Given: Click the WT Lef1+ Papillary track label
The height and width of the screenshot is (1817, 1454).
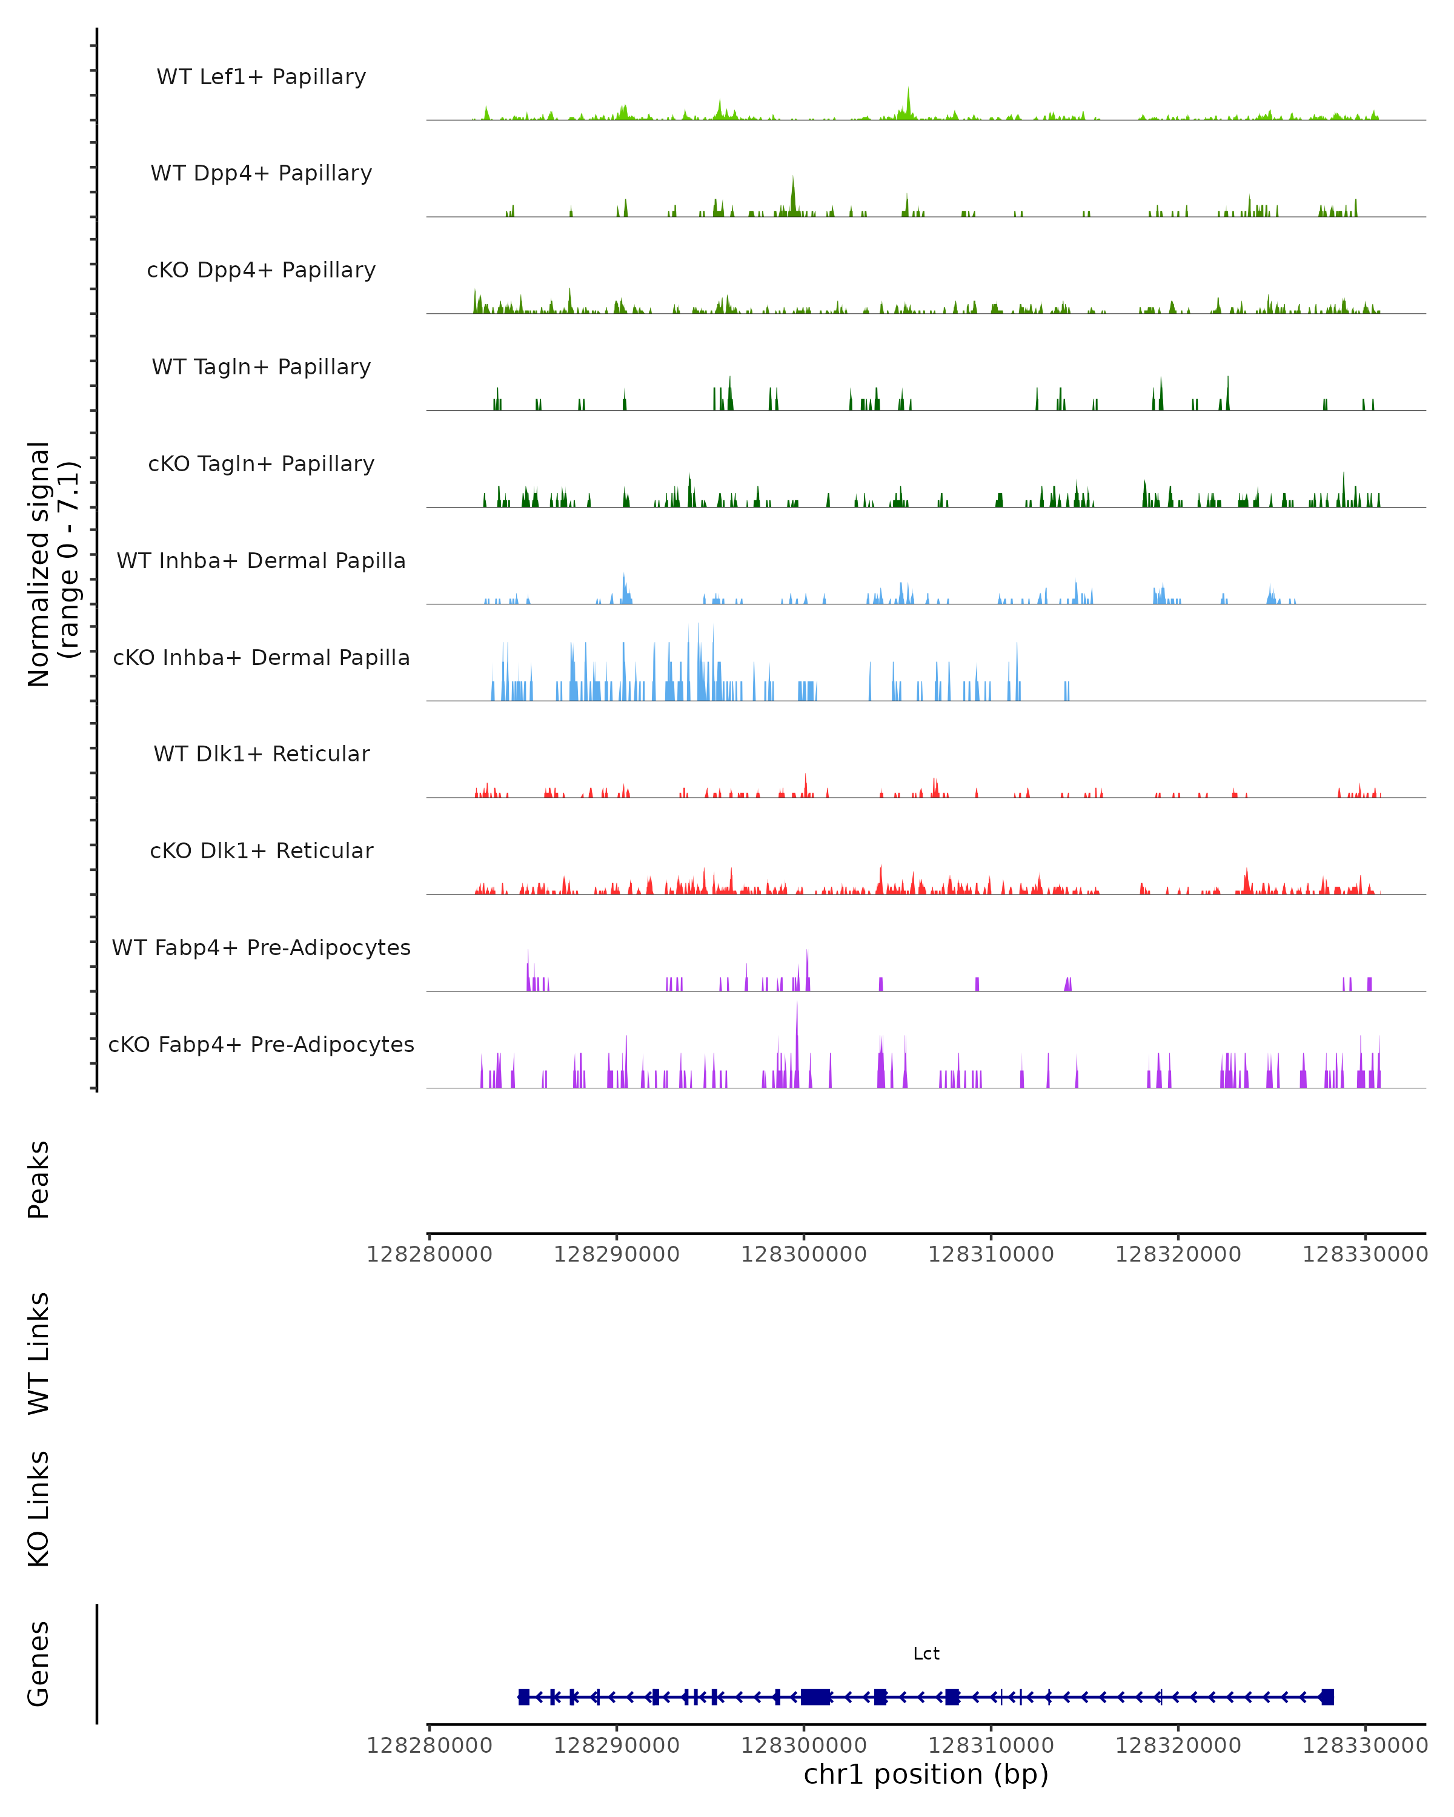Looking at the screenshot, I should click(261, 77).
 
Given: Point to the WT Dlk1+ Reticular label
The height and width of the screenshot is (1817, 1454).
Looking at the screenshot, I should click(261, 753).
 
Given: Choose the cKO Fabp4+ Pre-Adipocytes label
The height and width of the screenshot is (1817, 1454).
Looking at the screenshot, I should click(261, 1044).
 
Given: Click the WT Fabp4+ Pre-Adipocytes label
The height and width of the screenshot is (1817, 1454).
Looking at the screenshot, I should click(261, 947).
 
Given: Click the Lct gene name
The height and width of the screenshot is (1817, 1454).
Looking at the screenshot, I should click(926, 1653).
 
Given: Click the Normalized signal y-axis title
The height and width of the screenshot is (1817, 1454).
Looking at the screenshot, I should click(52, 564).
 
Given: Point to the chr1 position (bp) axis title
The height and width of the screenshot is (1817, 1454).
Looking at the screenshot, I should click(926, 1774).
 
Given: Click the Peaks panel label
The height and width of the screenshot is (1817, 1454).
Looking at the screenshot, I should click(39, 1179).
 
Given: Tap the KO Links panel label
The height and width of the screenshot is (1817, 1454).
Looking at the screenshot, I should click(39, 1509).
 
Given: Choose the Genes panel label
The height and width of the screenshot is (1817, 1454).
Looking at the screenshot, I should click(39, 1664).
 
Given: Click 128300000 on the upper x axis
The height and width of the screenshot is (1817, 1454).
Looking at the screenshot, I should click(803, 1254).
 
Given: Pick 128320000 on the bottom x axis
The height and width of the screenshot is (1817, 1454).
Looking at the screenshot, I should click(1178, 1746).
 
